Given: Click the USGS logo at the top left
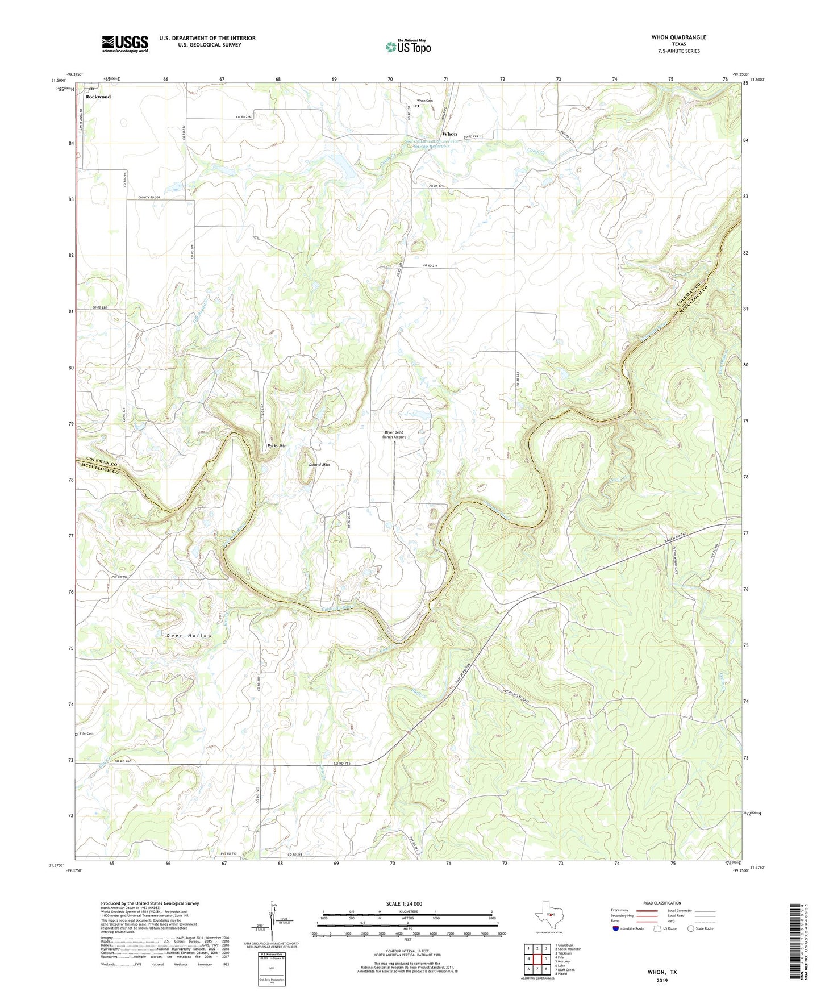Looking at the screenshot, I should coord(124,44).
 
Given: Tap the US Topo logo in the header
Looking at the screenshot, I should coord(408,47).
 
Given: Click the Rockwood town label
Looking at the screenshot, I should coord(98,97).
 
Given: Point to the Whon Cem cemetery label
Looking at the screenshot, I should coord(425,101).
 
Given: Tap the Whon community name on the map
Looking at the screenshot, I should coord(449,134).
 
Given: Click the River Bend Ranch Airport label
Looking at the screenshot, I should coord(394,435).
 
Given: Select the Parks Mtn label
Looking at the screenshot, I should coord(277,446).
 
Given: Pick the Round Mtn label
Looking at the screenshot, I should coord(319,465).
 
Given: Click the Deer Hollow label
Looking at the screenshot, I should coord(189,636).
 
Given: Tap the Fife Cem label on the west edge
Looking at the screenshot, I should coord(86,734).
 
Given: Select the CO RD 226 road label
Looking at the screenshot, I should coord(243,117).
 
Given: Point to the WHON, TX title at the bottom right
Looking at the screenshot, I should coord(662,972).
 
